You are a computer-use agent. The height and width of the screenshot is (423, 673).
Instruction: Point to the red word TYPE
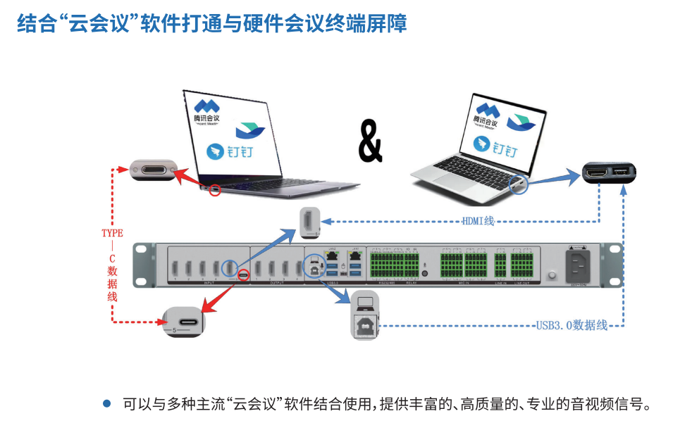112,233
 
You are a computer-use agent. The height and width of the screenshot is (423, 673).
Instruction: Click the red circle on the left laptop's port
216,189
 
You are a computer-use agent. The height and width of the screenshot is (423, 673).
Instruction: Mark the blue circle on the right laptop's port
518,184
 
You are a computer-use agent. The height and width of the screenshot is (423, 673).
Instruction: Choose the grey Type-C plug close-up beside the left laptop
152,170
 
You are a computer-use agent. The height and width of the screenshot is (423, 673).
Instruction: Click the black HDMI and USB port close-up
608,172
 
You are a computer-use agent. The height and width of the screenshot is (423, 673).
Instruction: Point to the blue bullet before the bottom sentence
107,403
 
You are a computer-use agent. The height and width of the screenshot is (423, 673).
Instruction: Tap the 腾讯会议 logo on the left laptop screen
207,110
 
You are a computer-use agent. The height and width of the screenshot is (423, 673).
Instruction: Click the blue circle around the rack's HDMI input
230,268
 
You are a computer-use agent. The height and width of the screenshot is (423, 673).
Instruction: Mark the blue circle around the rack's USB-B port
313,268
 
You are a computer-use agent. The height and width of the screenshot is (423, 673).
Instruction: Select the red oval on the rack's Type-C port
243,274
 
